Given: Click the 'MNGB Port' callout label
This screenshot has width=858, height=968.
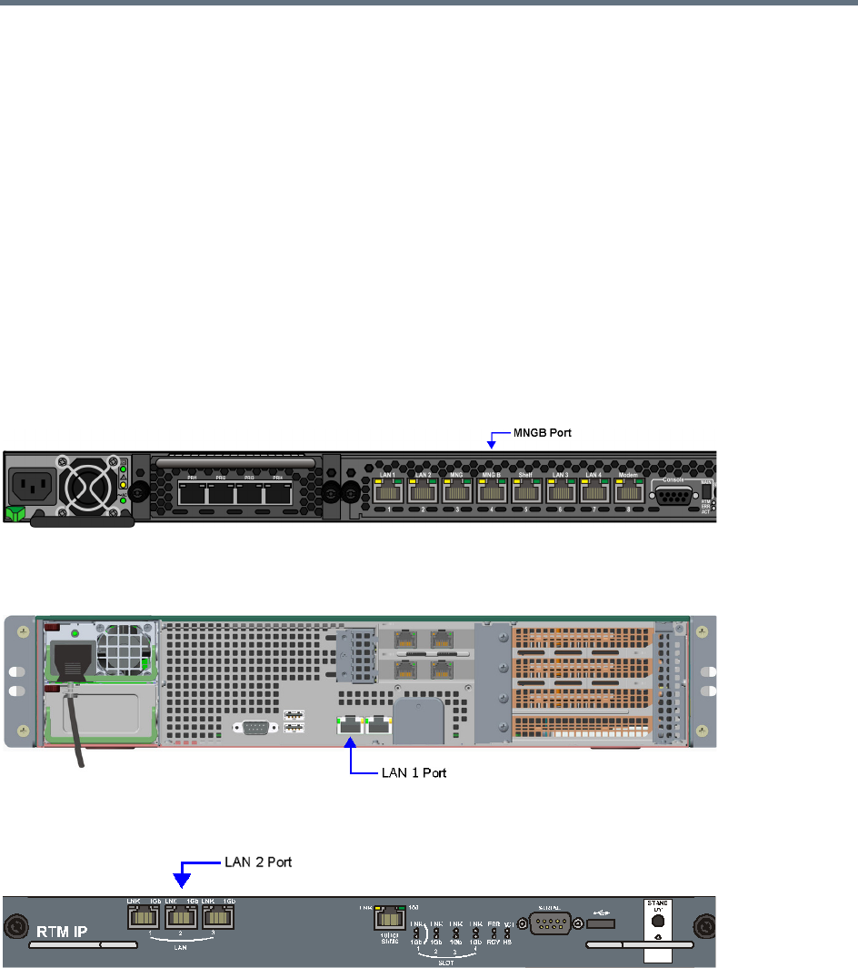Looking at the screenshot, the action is tap(535, 435).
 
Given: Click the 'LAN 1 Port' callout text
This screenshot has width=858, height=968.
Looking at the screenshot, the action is tap(414, 773).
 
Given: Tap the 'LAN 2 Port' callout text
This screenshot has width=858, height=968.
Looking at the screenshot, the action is tap(257, 862).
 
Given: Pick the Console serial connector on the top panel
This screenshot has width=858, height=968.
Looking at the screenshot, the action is tap(673, 496).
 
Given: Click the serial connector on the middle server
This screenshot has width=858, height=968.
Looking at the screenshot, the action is tap(251, 726).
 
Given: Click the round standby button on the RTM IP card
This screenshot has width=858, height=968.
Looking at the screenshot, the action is tap(657, 919).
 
